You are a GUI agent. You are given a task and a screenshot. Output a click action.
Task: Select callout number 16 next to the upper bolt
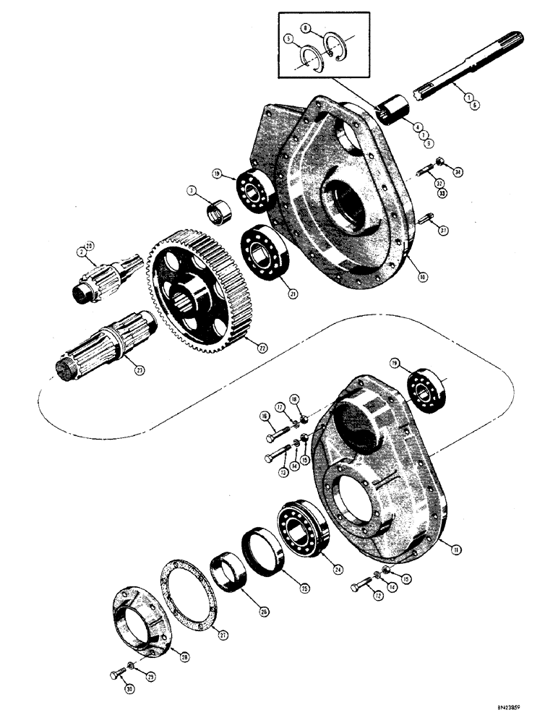point(264,417)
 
